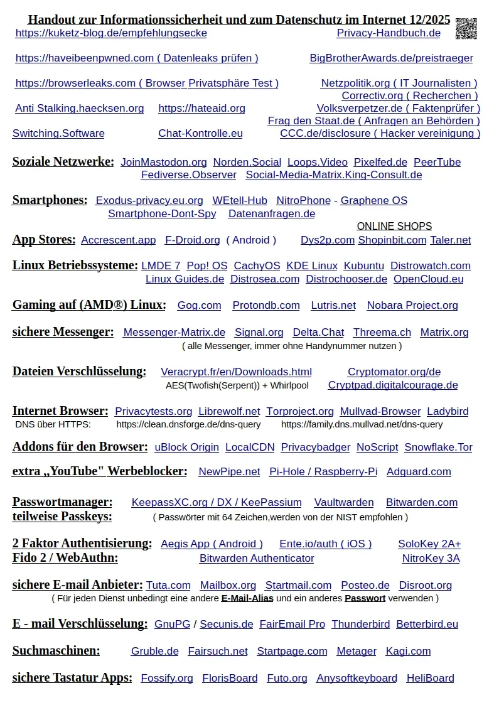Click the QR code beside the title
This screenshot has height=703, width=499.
(x=466, y=29)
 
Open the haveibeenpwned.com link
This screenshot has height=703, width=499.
(x=136, y=58)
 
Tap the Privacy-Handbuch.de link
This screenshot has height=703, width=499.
(x=389, y=33)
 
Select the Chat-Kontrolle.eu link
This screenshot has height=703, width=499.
(x=200, y=134)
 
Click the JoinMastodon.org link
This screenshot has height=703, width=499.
(x=164, y=163)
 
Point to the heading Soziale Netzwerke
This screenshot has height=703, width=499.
(x=63, y=162)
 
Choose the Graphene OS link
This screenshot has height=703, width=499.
(x=373, y=201)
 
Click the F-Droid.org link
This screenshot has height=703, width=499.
(x=192, y=240)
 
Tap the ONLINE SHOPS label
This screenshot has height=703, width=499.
(x=394, y=227)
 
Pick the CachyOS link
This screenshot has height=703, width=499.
(x=257, y=266)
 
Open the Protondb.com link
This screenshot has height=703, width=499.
(x=266, y=306)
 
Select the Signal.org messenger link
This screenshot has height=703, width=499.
(x=259, y=333)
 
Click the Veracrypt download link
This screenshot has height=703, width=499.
(x=236, y=372)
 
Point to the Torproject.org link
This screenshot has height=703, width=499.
(x=299, y=412)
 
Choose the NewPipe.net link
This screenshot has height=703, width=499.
(x=229, y=472)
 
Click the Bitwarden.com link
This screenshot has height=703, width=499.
(x=421, y=503)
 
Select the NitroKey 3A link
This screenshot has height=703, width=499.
(x=431, y=559)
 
